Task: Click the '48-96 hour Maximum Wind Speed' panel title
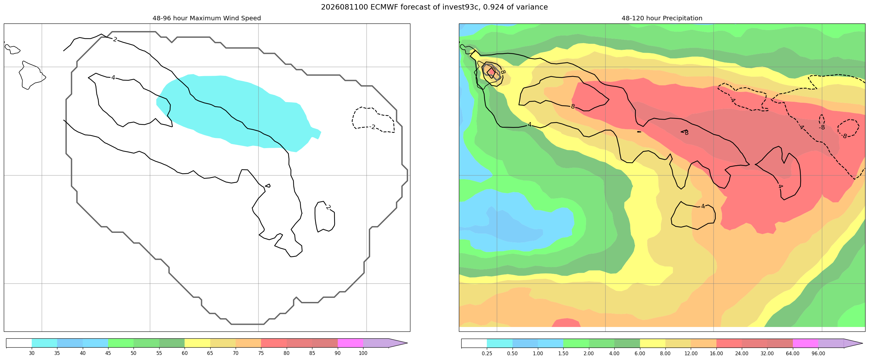tap(207, 18)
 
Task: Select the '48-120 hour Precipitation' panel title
tap(662, 18)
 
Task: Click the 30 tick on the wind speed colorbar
tap(32, 353)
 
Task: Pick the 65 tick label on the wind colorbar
tap(210, 353)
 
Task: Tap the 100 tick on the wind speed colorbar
tap(363, 353)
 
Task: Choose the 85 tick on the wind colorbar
tap(312, 353)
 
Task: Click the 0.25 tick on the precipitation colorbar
tap(487, 354)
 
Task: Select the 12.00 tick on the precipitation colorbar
tap(691, 354)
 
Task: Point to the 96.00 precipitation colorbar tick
tap(818, 354)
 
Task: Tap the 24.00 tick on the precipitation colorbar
tap(742, 354)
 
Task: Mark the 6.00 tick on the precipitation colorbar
tap(640, 354)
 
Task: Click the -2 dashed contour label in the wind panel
tap(372, 127)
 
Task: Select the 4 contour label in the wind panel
tap(113, 78)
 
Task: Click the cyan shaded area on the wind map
tap(236, 111)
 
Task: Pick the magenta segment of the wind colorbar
tap(350, 343)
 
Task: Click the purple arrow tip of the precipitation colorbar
tap(862, 344)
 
